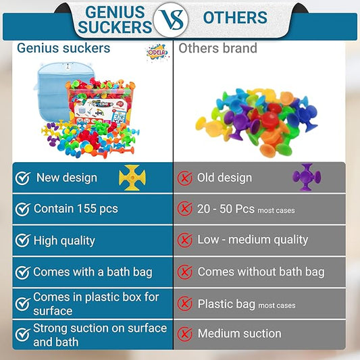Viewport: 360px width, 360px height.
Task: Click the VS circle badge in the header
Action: pyautogui.click(x=170, y=20)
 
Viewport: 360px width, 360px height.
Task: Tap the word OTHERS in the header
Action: pyautogui.click(x=234, y=18)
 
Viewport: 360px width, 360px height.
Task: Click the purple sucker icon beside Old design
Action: pyautogui.click(x=306, y=177)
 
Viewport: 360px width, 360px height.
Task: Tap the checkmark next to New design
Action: pyautogui.click(x=23, y=178)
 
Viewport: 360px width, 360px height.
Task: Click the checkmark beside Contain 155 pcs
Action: pyautogui.click(x=23, y=209)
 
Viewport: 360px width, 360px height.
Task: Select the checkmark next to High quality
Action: pyautogui.click(x=23, y=240)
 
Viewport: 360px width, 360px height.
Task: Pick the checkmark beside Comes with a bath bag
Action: pyautogui.click(x=23, y=272)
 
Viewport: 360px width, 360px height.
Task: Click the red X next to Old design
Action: pyautogui.click(x=184, y=178)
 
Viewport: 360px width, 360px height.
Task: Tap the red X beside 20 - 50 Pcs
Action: pyautogui.click(x=184, y=209)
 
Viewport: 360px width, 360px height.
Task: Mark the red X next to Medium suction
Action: pyautogui.click(x=184, y=334)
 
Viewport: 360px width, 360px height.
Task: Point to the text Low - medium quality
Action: pyautogui.click(x=253, y=240)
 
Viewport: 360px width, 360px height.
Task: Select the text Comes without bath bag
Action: pyautogui.click(x=261, y=272)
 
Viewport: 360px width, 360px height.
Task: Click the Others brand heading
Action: pyautogui.click(x=217, y=49)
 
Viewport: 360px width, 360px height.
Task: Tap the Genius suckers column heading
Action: pyautogui.click(x=63, y=49)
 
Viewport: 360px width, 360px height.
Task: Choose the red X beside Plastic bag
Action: pyautogui.click(x=184, y=304)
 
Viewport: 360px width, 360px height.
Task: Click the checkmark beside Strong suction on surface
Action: pyautogui.click(x=23, y=334)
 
